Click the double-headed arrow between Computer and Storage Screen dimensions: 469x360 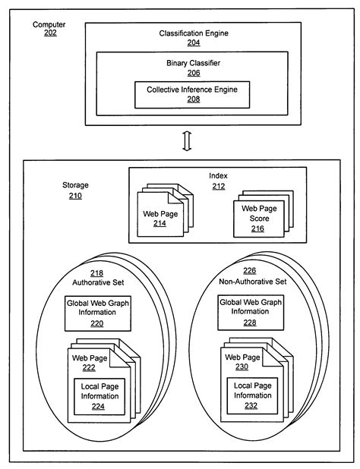[187, 141]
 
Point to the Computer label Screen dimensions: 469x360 [49, 25]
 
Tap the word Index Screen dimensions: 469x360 [219, 176]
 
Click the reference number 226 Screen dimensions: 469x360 [250, 272]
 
